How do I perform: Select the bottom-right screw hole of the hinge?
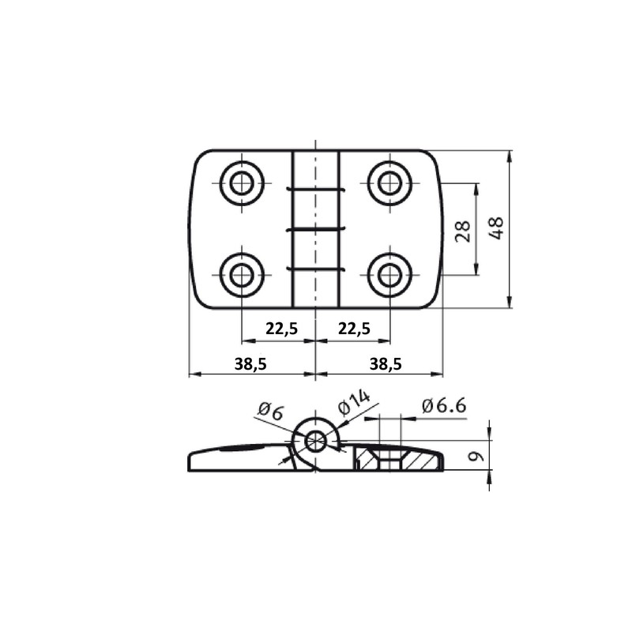(389, 275)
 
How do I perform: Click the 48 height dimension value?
(497, 229)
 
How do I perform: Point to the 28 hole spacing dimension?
(464, 230)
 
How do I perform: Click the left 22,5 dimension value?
(281, 329)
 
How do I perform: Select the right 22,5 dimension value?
(353, 329)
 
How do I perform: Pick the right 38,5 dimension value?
(386, 363)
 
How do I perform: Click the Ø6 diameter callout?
(269, 410)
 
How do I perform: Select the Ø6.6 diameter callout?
(444, 406)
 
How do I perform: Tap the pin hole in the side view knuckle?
(316, 441)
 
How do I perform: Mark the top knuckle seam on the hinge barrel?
(315, 190)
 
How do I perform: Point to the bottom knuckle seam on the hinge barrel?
(315, 269)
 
